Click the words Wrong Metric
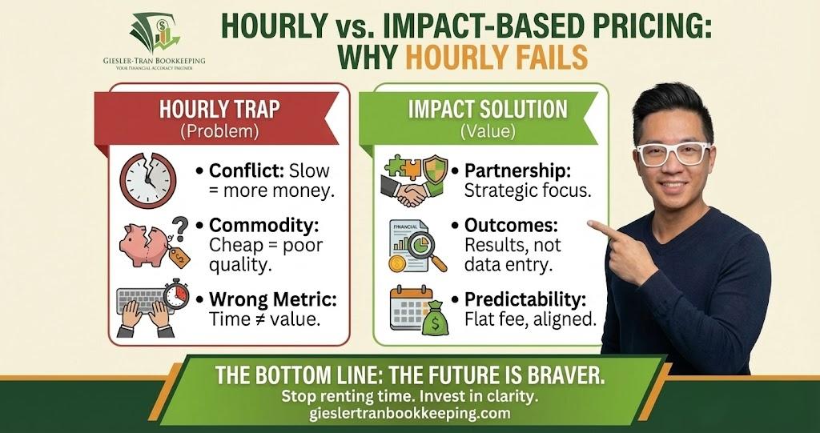[273, 300]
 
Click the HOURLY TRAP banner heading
[217, 110]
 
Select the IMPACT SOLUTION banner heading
[487, 109]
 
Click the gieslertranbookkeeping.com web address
[409, 415]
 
